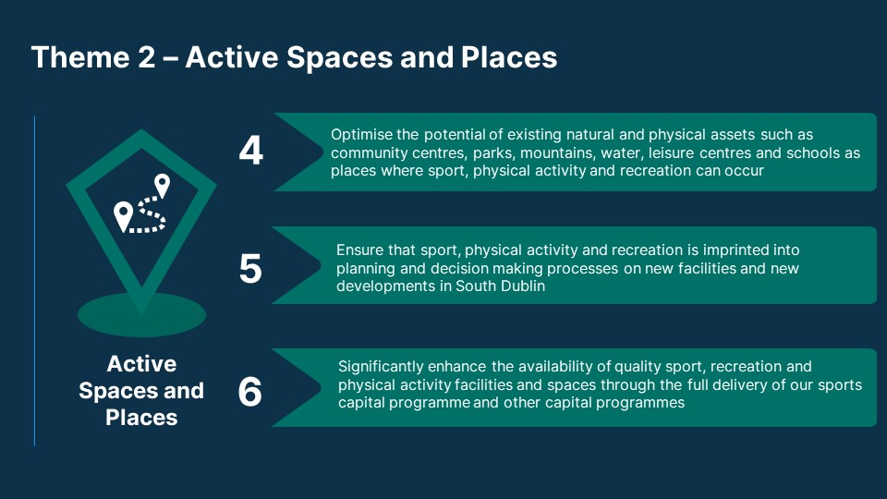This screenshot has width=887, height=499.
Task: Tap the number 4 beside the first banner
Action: [x=250, y=151]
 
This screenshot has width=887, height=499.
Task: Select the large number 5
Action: [x=250, y=268]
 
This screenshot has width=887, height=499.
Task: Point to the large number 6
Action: [x=250, y=392]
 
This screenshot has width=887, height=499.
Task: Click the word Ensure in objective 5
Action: [x=358, y=250]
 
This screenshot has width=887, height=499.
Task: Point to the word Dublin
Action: [x=525, y=286]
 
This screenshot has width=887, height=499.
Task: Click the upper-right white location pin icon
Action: [x=163, y=185]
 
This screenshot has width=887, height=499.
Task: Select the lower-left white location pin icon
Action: [x=123, y=216]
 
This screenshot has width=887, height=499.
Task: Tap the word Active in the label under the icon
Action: [x=141, y=364]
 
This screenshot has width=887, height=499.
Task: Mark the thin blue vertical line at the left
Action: [x=34, y=281]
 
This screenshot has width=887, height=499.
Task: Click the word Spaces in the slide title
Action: [x=339, y=57]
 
